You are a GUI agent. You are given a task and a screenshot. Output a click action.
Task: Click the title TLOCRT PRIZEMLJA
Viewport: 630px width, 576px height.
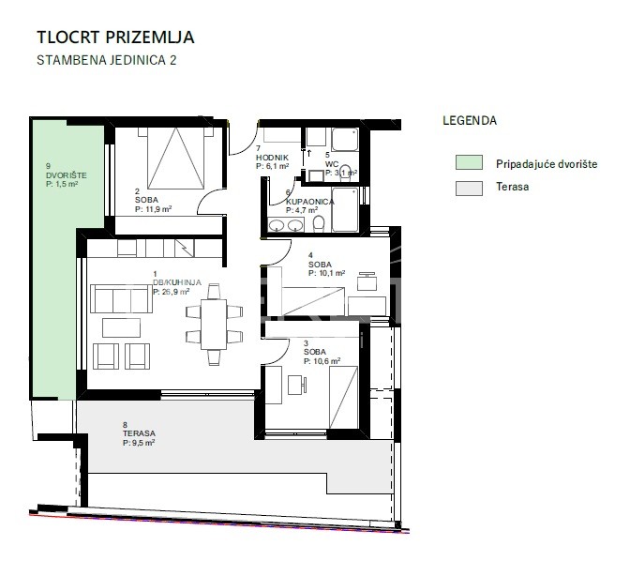pos(115,38)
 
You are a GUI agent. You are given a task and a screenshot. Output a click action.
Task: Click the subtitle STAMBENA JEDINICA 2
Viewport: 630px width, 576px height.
pos(107,60)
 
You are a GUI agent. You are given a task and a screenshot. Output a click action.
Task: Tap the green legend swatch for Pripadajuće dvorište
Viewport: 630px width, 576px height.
pos(469,162)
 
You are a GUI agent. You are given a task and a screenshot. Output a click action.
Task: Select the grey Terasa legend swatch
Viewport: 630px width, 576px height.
pos(469,189)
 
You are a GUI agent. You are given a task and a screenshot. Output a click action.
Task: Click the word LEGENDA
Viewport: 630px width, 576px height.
pos(470,121)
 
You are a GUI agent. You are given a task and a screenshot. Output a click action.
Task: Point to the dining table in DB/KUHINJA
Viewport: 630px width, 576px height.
pos(214,325)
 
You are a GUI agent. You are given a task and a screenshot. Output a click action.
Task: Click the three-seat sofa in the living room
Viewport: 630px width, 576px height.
pos(121,298)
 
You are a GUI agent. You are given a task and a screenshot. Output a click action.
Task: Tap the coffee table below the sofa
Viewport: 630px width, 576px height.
pos(121,327)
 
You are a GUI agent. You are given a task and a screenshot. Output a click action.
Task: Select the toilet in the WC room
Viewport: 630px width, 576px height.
pos(345,172)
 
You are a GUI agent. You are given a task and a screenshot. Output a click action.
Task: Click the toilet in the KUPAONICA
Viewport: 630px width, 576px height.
pos(319,224)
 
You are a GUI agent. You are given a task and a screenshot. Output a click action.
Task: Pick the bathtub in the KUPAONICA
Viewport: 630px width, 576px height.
pos(345,210)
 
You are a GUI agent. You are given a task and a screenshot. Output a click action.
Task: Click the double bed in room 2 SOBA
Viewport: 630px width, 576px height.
pos(176,159)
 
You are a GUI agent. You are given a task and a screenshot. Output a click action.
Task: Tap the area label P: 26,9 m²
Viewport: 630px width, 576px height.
pos(172,292)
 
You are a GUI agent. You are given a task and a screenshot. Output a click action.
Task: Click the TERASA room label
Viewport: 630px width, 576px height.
pos(139,433)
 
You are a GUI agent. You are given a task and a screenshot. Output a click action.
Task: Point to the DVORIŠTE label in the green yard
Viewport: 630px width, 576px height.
pos(67,175)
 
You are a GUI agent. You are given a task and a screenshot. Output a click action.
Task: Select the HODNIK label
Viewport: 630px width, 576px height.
pos(272,158)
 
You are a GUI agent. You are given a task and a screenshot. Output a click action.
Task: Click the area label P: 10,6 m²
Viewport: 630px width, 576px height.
pos(322,361)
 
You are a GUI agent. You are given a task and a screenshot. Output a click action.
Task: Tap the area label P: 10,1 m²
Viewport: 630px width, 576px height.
pos(326,273)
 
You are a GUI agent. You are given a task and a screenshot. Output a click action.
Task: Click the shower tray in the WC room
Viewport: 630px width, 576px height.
pos(345,140)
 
